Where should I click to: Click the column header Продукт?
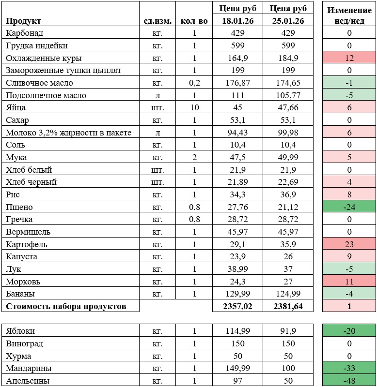coord(23,21)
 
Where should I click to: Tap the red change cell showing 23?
coord(349,244)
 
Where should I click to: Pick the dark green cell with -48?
coord(349,381)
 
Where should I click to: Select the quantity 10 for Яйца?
coord(194,108)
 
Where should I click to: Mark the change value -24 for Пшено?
coord(349,207)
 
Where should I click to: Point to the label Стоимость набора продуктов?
coord(66,306)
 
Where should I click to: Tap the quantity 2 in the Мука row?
coord(194,157)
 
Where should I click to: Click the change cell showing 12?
coord(349,58)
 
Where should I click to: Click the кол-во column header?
coord(194,21)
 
